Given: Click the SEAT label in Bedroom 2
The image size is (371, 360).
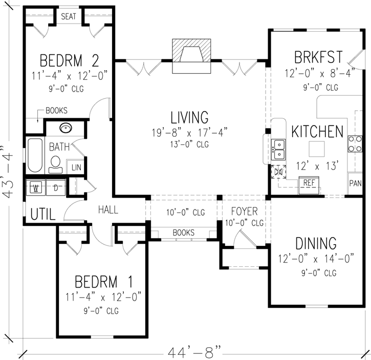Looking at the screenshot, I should tap(69, 16).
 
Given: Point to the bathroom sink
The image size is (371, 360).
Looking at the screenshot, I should tap(65, 128).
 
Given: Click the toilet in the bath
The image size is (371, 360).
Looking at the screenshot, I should tap(56, 163).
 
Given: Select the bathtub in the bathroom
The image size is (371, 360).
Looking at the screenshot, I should tap(35, 155).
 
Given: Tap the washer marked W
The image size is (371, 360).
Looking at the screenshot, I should tap(36, 187).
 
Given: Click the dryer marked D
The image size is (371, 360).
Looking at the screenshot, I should tap(55, 187).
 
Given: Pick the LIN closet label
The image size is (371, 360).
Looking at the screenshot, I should tap(76, 167).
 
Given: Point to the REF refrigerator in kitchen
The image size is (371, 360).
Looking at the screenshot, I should tap(309, 183).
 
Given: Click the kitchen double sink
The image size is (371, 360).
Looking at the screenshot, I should tap(279, 150).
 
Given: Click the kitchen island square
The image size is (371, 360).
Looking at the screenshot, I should tap(317, 149).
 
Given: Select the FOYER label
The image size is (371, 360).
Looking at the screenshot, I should tap(244, 211).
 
